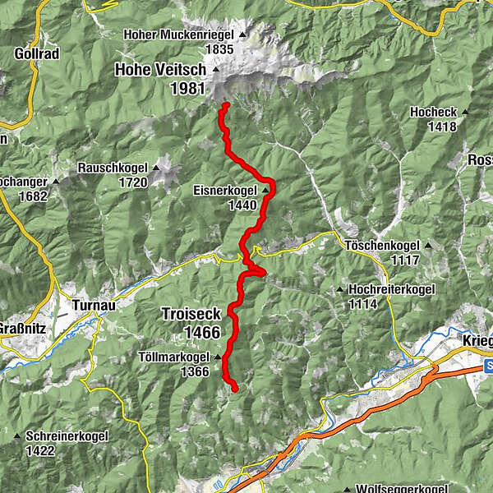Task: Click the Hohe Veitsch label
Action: coord(166,70)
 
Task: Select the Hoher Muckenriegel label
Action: coord(178,35)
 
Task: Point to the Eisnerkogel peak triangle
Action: coord(265,191)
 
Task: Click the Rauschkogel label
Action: coord(113,168)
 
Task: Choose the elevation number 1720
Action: coord(131,182)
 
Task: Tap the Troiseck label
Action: coord(191,314)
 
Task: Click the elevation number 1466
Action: coord(202,332)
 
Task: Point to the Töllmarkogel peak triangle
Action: coord(218,358)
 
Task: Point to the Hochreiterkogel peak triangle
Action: coord(340,290)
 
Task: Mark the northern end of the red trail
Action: coord(224,104)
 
